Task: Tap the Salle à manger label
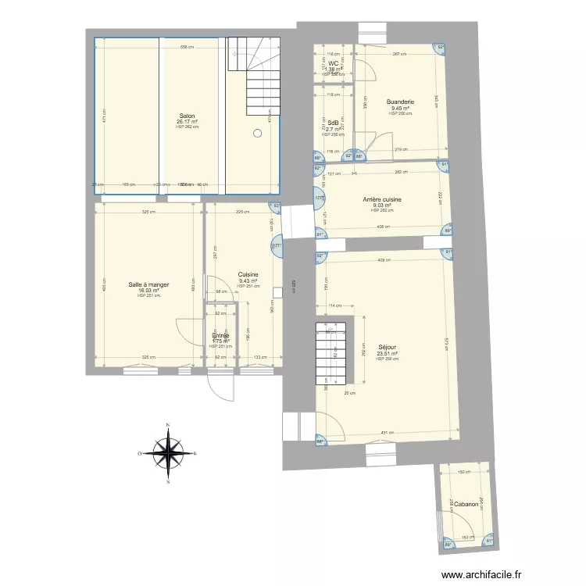coord(148,284)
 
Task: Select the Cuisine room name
coord(248,275)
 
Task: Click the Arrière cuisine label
coord(382,200)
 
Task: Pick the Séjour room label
coord(387,348)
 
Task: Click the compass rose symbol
coord(167,453)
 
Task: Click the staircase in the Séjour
coord(329,354)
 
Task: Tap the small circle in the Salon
coord(257,134)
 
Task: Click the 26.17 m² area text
coord(188,122)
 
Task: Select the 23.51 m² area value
coord(387,354)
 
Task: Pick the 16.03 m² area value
coord(148,290)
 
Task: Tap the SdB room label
coord(333,123)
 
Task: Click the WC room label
coord(333,64)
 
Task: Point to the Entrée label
coord(220,336)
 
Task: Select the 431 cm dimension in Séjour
coord(385,433)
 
